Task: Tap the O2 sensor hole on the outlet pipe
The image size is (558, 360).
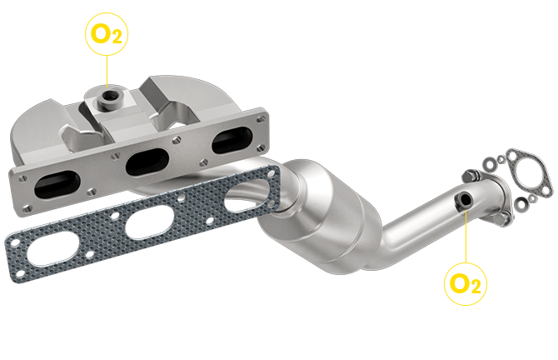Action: coord(462,200)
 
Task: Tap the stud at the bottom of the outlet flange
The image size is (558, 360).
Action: coord(504,219)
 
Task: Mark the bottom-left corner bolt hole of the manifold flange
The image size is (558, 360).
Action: coord(23,205)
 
